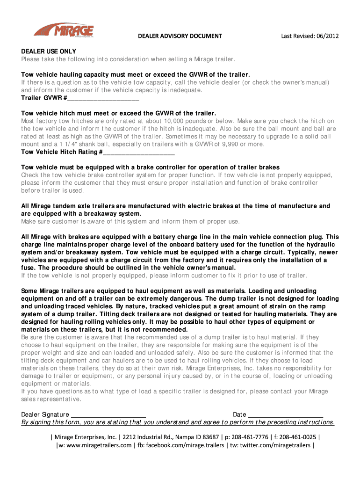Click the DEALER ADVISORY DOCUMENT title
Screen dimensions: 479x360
coord(180,36)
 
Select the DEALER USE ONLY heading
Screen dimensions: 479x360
coord(49,51)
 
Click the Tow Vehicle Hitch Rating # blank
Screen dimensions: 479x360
coord(139,152)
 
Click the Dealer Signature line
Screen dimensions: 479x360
coord(108,414)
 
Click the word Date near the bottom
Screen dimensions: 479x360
coord(239,414)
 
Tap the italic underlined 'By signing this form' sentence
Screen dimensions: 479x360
coord(178,422)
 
